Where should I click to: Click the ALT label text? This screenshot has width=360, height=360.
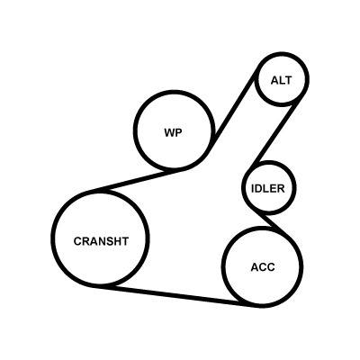281,80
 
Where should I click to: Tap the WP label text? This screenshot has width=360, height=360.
173,132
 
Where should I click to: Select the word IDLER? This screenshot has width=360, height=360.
267,188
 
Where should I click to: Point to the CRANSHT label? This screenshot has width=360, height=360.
101,241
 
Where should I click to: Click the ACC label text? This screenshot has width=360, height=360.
263,267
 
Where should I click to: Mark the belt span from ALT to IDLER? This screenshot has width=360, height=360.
274,132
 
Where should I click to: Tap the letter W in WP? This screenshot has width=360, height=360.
169,132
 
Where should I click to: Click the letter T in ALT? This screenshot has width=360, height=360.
288,80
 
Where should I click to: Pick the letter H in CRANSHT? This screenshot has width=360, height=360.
117,241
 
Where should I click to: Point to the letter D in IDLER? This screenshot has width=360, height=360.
258,188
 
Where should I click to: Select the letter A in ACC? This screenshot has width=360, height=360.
255,267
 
